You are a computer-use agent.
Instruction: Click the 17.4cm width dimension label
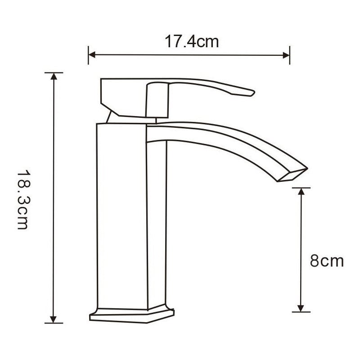coord(191,42)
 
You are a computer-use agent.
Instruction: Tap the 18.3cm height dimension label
coord(23,199)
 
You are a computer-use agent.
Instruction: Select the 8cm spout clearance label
coord(327,261)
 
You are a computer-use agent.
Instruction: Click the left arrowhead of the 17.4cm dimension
coord(91,55)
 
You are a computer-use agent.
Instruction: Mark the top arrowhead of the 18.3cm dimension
coord(54,76)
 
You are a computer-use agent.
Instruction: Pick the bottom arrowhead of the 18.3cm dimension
coord(54,319)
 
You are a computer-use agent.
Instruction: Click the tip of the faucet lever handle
coord(252,94)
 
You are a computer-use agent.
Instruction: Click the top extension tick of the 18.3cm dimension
coord(54,72)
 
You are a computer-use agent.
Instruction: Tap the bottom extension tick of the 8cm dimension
coord(301,311)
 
